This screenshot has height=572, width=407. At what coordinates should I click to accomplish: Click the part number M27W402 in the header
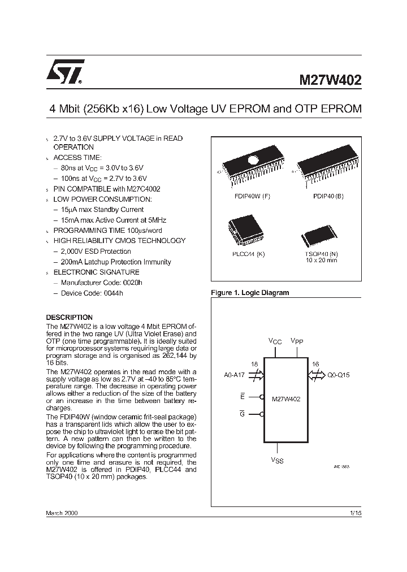point(330,80)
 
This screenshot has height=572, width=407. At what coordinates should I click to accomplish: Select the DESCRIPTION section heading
point(69,317)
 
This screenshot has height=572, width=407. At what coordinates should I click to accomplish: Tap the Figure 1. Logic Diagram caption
point(249,293)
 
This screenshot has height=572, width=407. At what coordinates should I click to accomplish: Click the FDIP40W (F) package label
point(252,196)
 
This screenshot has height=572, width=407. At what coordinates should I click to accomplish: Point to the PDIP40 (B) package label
point(328,196)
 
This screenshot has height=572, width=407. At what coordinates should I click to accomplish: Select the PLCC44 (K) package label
point(248,254)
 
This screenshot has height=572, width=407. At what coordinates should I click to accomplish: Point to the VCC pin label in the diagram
point(275,341)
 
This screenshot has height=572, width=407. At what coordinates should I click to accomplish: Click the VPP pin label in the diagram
point(297,341)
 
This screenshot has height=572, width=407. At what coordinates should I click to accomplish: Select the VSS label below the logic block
point(277,461)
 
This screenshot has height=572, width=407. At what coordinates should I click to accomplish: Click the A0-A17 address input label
point(235,374)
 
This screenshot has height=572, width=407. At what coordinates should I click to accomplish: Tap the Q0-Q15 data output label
point(339,374)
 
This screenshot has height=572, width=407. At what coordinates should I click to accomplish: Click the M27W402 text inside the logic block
point(286,398)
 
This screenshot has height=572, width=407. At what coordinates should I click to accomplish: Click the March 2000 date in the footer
point(62,512)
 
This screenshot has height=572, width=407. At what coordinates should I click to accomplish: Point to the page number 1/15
point(355,512)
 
